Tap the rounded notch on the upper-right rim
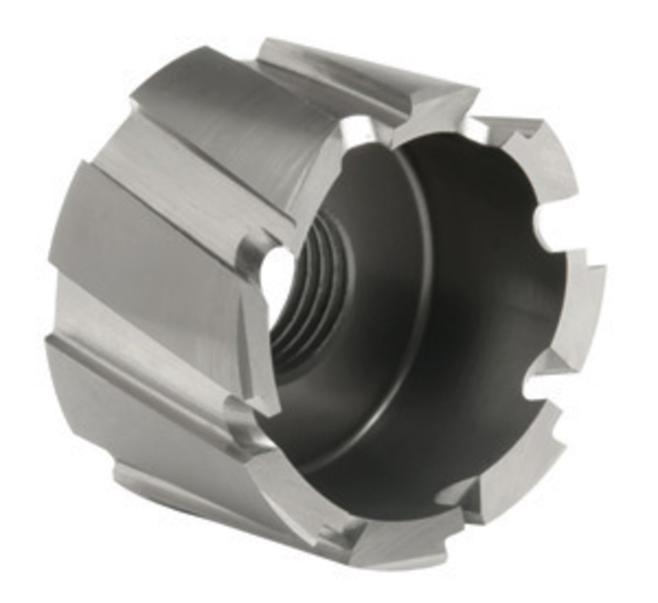coord(540,219)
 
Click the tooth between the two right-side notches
coord(570,307)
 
